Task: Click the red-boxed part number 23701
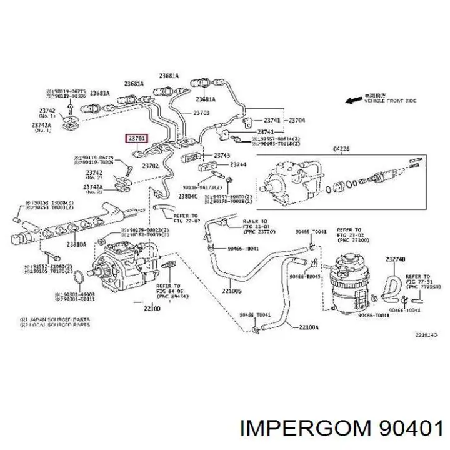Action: point(137,138)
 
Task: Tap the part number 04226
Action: point(341,149)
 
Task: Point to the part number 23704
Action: point(296,120)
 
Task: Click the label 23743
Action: point(222,155)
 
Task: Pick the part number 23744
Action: point(238,164)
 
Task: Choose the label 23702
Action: point(149,166)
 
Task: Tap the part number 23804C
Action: point(187,196)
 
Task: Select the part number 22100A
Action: point(308,327)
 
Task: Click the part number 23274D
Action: point(395,259)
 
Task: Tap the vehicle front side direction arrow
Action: point(357,98)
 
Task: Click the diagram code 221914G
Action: point(426,336)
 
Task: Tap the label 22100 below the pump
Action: point(152,308)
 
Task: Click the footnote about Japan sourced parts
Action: point(55,319)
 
